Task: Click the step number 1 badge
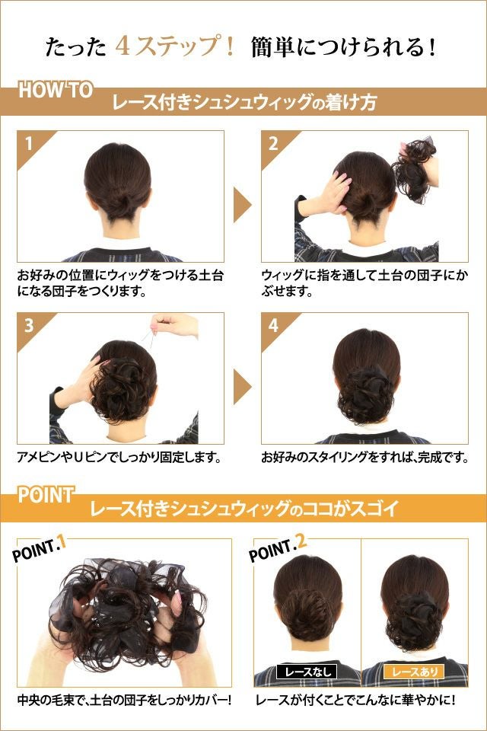click(30, 144)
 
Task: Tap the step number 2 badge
click(274, 144)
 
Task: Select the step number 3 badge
click(30, 325)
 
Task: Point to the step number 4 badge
click(274, 325)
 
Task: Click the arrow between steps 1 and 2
click(241, 205)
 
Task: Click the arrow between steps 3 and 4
click(241, 387)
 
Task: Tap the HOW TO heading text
click(56, 90)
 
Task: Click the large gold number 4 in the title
click(123, 46)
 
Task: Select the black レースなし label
click(307, 672)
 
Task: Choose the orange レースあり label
click(414, 672)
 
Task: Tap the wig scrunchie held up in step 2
click(414, 170)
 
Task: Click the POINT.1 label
click(39, 549)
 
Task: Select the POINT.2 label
click(278, 548)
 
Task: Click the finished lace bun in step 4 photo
click(365, 394)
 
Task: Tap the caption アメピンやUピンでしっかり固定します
click(119, 457)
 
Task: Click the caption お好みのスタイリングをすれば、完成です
click(365, 457)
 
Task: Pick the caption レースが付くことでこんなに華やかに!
click(356, 699)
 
